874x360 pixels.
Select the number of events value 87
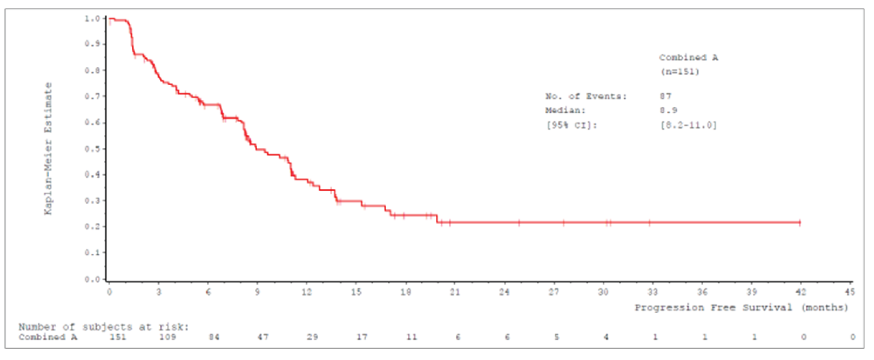click(665, 97)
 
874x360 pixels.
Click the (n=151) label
click(680, 72)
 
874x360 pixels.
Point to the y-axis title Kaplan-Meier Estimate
click(49, 149)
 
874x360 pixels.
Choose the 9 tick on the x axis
click(257, 291)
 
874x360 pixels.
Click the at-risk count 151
click(118, 337)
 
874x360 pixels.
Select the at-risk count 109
click(168, 337)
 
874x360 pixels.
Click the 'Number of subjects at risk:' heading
click(103, 327)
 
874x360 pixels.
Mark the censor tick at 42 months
click(800, 222)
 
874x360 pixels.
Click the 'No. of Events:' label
click(586, 97)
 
